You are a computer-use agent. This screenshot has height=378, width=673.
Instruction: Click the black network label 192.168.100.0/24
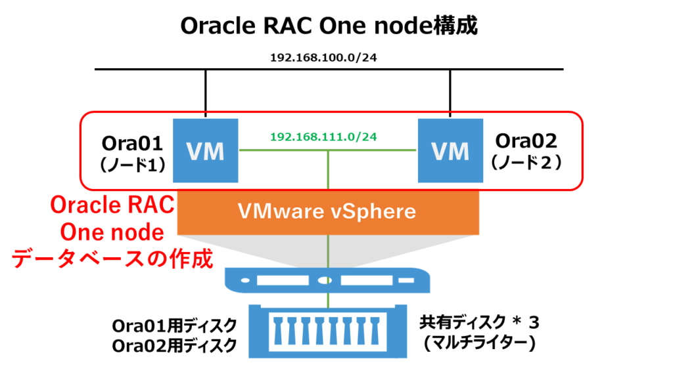327,57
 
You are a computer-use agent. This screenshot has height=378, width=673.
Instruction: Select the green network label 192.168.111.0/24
327,138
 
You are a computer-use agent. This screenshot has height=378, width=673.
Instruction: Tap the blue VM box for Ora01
205,152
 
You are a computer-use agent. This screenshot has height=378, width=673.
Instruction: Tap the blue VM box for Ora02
450,152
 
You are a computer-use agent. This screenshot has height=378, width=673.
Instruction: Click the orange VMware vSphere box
327,212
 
